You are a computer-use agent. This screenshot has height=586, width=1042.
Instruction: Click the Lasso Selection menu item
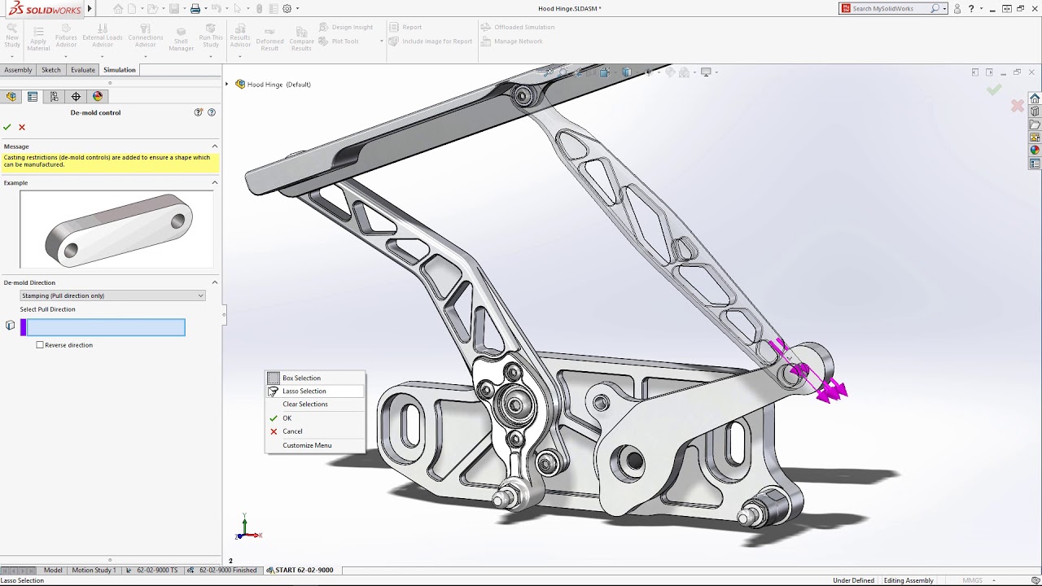(x=304, y=391)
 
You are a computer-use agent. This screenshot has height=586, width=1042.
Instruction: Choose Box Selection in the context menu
(x=301, y=378)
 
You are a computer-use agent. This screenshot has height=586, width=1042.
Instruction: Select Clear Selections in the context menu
(x=304, y=404)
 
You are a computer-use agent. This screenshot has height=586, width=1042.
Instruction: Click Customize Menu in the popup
(x=307, y=445)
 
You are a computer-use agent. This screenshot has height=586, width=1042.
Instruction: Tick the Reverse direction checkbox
(x=40, y=345)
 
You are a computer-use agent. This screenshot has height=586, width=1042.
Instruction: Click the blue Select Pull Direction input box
(x=106, y=327)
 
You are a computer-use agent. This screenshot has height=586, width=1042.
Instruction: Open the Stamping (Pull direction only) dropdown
(x=112, y=295)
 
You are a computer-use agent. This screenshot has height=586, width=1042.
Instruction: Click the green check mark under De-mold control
(x=7, y=127)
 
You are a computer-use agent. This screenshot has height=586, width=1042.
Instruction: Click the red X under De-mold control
(x=22, y=127)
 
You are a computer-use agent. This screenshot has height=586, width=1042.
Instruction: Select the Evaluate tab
(x=82, y=70)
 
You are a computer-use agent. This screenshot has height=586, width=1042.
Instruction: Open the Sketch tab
(x=51, y=70)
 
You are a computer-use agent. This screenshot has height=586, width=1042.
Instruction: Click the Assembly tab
(x=18, y=70)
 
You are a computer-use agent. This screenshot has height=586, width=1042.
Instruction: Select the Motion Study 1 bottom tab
(x=94, y=570)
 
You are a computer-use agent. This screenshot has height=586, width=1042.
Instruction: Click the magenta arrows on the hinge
(x=830, y=390)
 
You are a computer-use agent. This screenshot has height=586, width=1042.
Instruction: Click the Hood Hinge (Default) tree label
(x=278, y=85)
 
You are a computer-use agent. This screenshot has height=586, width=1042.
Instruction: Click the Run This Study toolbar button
(x=210, y=37)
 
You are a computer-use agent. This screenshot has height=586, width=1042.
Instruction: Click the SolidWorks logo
(x=46, y=9)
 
